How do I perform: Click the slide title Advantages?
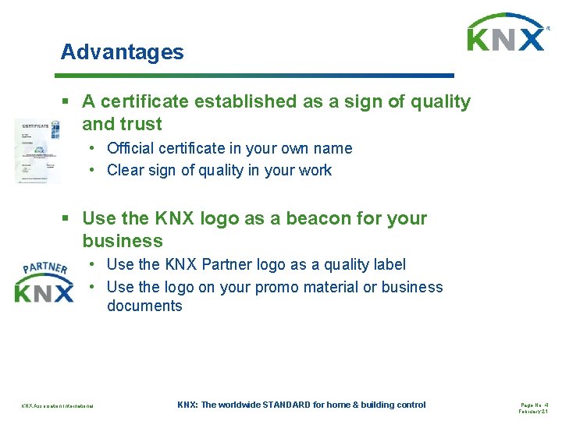pos(123,52)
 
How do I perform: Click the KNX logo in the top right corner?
pos(506,34)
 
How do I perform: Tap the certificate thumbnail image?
pos(37,150)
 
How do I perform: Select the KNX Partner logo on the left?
pos(44,282)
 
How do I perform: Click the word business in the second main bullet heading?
pos(123,241)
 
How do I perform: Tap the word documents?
pos(144,306)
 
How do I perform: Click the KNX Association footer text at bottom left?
pos(57,405)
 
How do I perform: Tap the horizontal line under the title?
pos(254,76)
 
